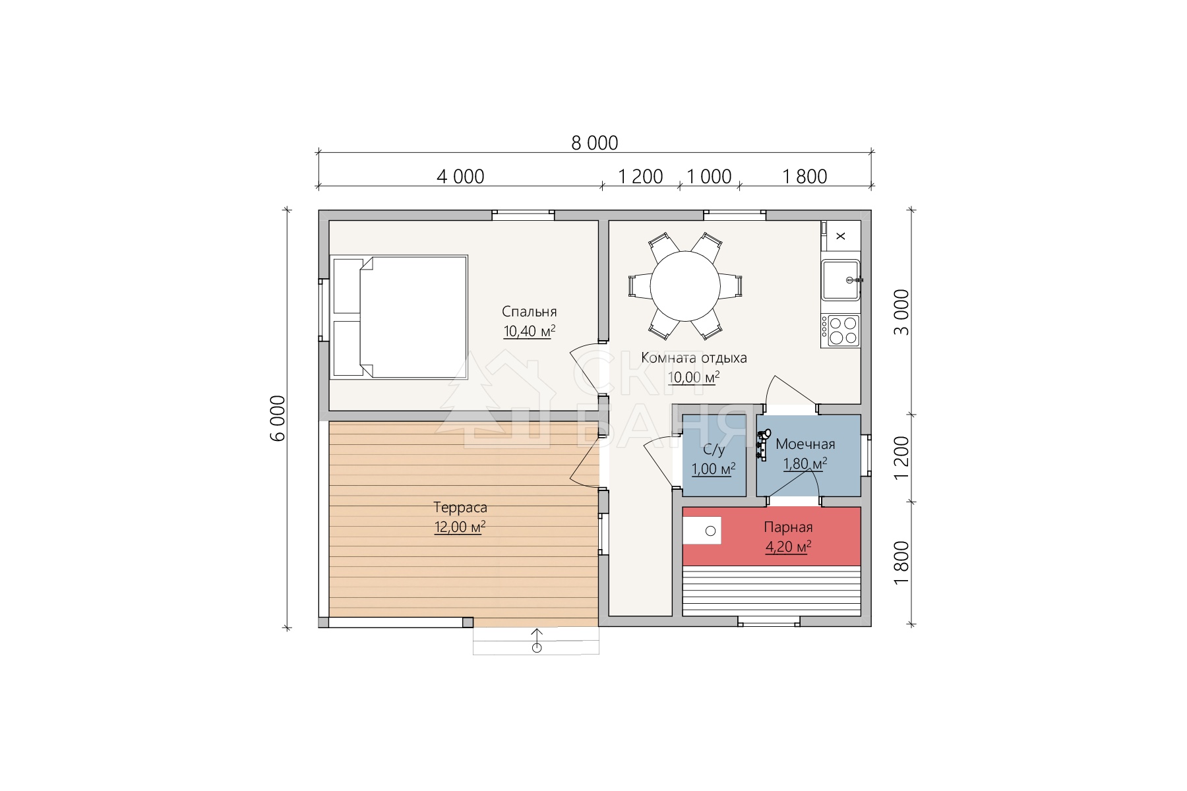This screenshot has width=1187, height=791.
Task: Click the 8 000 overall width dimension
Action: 594,142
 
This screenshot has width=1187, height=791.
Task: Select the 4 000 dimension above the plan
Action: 460,177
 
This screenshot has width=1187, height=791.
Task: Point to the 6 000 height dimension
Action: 278,418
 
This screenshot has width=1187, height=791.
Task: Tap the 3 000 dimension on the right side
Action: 901,312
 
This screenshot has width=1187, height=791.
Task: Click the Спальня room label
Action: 529,312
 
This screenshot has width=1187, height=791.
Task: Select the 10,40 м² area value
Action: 529,331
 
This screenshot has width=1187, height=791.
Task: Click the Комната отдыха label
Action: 694,358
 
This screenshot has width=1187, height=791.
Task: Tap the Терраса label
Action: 460,508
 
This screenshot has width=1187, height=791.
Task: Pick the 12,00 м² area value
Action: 460,527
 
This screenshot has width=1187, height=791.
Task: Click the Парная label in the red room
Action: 788,527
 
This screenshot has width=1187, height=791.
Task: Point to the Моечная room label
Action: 805,444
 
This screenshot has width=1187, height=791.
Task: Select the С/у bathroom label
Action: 714,450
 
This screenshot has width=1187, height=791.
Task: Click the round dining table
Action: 685,286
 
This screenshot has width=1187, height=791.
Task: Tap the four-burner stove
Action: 840,331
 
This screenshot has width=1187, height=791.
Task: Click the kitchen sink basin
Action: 841,280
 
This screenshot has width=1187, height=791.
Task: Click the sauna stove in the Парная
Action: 702,531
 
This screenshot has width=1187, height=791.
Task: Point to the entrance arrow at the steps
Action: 537,640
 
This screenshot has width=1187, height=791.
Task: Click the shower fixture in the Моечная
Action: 764,444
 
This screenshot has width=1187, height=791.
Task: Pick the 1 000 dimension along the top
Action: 709,177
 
